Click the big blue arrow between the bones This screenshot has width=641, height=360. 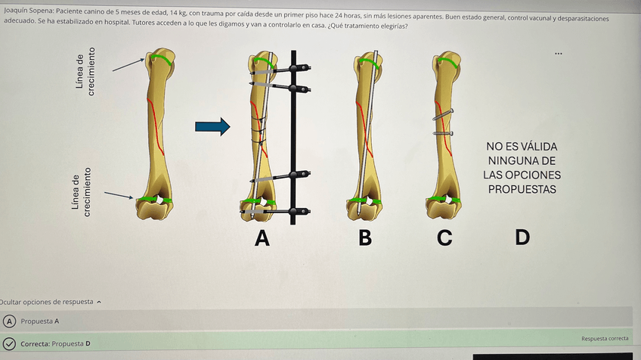pos(212,126)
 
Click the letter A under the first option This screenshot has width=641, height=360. pos(262,238)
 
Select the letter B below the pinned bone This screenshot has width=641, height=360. pos(365,238)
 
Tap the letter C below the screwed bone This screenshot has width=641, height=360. pos(444,238)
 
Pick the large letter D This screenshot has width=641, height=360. pos(522,238)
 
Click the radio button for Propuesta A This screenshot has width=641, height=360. pos(8,321)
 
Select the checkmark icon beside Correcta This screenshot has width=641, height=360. pos(8,343)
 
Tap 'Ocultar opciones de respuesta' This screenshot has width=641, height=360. pos(49,302)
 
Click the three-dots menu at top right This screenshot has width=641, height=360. pos(558,54)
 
